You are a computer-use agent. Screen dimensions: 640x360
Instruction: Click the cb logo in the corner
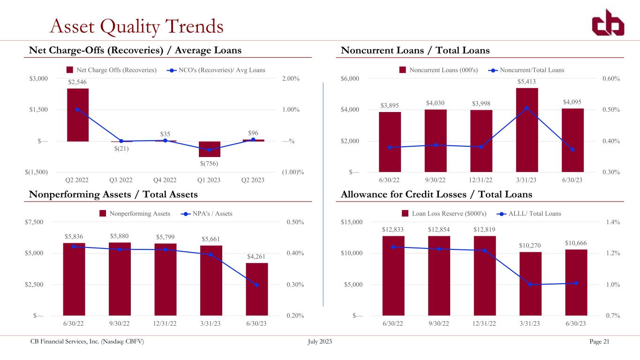(x=608, y=23)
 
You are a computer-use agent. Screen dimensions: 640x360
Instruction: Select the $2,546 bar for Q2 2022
(x=78, y=115)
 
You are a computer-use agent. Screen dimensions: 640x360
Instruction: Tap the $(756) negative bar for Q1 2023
(x=210, y=149)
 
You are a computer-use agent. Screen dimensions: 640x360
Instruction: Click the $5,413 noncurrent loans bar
(x=527, y=130)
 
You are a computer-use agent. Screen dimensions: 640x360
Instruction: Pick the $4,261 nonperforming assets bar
(x=257, y=289)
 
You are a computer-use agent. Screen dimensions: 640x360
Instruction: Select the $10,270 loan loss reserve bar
(x=530, y=284)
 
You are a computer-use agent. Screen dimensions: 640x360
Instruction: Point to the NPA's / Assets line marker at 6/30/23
(x=256, y=285)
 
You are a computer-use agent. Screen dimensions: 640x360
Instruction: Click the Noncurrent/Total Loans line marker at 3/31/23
(x=527, y=108)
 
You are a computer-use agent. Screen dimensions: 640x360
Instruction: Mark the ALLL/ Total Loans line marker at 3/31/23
(x=530, y=285)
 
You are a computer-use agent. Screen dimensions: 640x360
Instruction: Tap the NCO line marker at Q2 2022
(x=77, y=109)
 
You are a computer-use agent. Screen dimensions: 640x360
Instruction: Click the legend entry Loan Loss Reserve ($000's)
(x=444, y=213)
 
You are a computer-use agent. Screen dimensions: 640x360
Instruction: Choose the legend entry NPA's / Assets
(x=207, y=213)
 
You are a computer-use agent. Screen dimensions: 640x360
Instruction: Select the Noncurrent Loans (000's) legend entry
(x=438, y=70)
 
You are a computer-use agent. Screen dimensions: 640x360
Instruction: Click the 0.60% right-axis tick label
(x=611, y=79)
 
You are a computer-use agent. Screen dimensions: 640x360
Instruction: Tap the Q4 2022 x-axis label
(x=165, y=180)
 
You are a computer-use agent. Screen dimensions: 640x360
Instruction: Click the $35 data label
(x=165, y=134)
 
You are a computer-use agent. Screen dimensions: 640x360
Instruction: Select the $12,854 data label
(x=439, y=229)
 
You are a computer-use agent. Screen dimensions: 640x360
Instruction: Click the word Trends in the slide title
(x=194, y=26)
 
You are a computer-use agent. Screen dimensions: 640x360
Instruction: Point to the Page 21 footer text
(x=599, y=341)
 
